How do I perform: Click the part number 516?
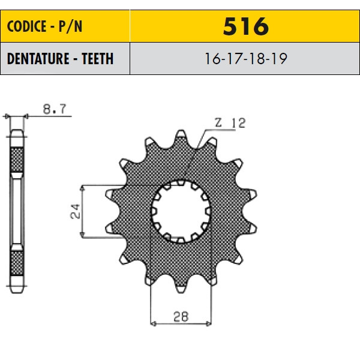[x=245, y=26]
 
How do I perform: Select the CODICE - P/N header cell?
[x=65, y=26]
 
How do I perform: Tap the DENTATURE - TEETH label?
[x=61, y=59]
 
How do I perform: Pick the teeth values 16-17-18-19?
[x=245, y=59]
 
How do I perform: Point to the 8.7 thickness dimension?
[x=55, y=109]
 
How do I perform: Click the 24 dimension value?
[x=75, y=211]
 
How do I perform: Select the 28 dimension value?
[x=181, y=317]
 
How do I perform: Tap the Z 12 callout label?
[x=230, y=123]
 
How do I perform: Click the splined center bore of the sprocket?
[x=181, y=211]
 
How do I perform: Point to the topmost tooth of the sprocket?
[x=181, y=136]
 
